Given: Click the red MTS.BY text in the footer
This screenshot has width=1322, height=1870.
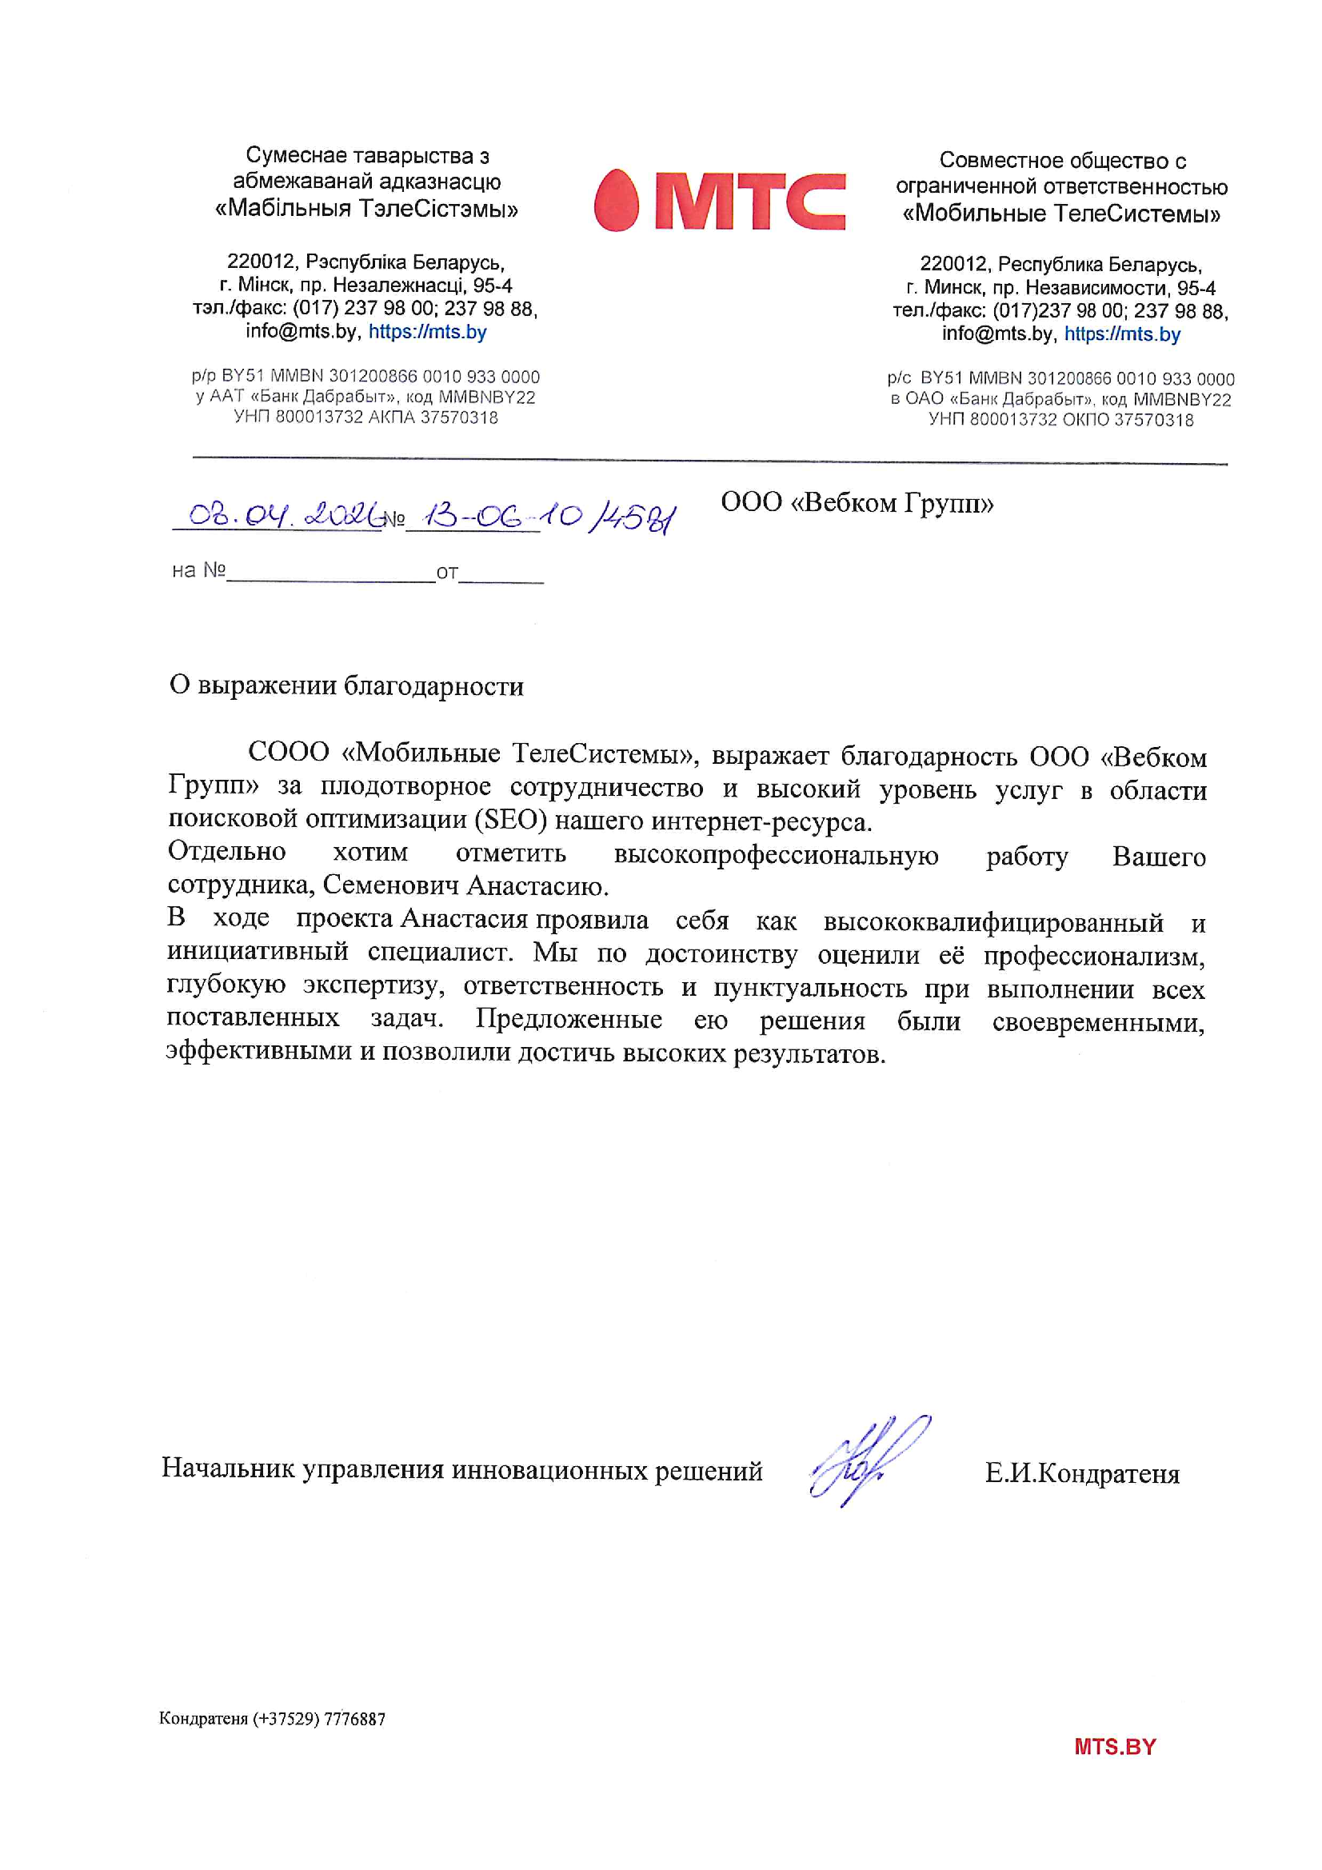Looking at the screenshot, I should click(1114, 1746).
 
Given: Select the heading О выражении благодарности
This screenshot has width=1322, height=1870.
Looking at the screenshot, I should click(346, 685).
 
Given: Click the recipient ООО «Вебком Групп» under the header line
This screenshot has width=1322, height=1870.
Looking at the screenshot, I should click(857, 502).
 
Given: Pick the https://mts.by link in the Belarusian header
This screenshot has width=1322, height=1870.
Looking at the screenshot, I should click(428, 331).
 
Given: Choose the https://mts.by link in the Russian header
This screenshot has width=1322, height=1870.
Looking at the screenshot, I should click(1122, 334).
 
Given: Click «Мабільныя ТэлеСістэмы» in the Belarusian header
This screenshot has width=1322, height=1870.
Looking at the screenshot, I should click(366, 210).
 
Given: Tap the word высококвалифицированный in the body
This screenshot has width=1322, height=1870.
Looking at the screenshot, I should click(993, 922).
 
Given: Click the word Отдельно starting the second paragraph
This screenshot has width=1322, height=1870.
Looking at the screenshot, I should click(227, 851).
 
